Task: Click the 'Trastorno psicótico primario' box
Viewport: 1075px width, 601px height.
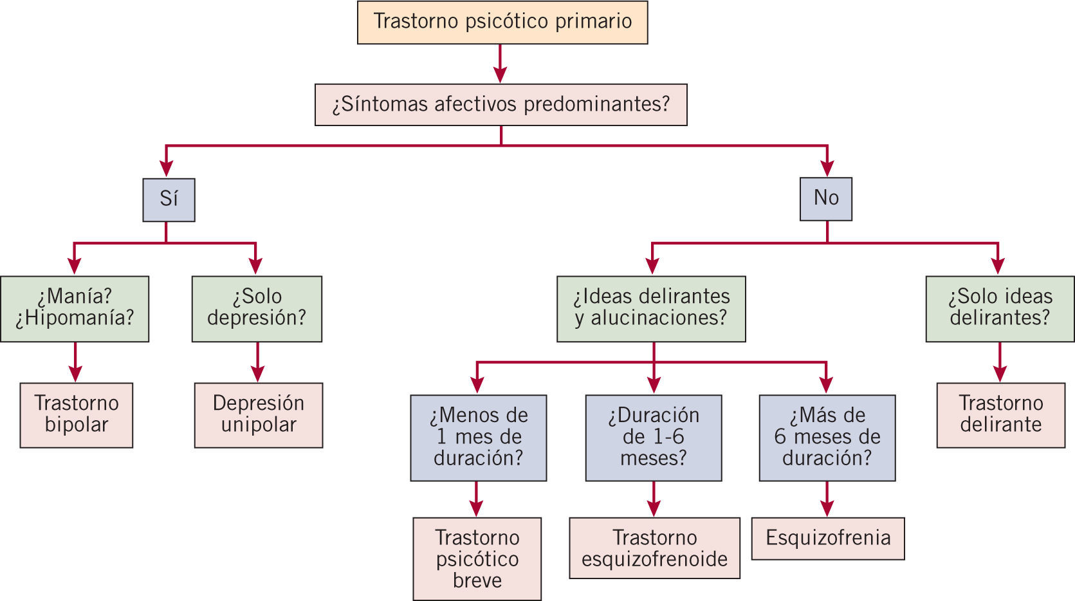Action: [502, 23]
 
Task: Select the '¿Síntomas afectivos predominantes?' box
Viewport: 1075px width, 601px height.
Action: [501, 104]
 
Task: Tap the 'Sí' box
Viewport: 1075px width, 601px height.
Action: [169, 199]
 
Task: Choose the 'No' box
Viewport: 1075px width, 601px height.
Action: [826, 199]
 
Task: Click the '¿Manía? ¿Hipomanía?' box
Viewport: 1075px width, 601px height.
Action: [75, 308]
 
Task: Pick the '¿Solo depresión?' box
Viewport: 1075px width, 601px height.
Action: [257, 308]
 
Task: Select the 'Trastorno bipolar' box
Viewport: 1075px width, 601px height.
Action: [77, 415]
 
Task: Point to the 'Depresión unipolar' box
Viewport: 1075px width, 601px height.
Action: [259, 415]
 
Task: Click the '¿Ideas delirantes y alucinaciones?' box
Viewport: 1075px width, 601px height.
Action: [651, 308]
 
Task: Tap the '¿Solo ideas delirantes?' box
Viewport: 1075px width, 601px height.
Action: [1000, 308]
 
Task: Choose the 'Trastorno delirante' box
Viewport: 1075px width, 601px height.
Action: [1000, 415]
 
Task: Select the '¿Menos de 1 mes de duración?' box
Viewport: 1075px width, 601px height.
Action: [479, 438]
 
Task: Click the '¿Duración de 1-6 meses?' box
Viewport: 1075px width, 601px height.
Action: [654, 438]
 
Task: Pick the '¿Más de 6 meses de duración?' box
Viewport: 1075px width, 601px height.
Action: [827, 438]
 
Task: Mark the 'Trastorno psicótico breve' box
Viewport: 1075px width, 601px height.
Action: [477, 559]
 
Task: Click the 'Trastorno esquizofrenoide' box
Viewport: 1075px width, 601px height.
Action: [654, 548]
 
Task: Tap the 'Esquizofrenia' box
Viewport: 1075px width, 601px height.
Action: [828, 538]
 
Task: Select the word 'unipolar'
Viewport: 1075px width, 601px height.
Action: [259, 425]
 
